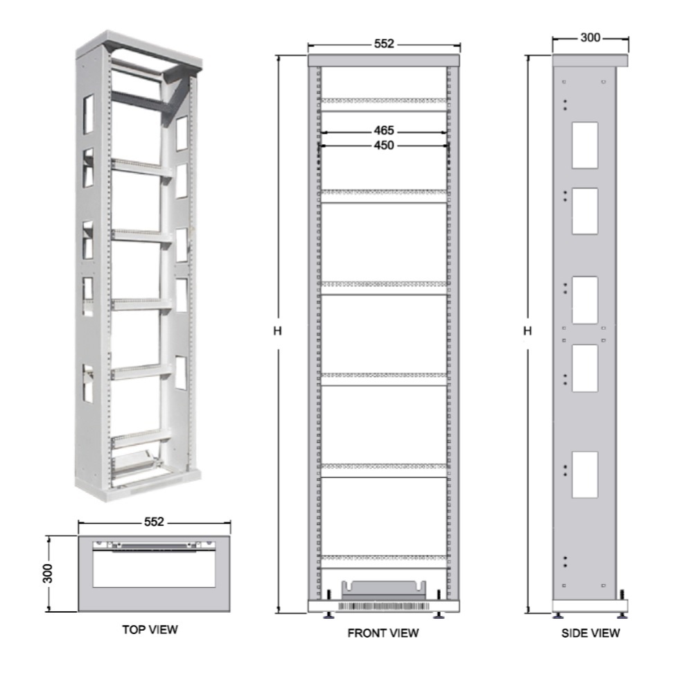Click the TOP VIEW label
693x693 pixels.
[x=150, y=630]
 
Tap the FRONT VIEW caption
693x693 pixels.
[x=383, y=633]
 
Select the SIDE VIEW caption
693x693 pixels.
[x=590, y=633]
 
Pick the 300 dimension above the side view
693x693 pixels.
[x=590, y=37]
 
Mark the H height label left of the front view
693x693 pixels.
[x=277, y=332]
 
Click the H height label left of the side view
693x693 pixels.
[x=527, y=332]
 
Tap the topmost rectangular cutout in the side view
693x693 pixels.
[x=584, y=145]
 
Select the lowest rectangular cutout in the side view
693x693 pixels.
[x=584, y=475]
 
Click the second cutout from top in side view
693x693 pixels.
[x=584, y=211]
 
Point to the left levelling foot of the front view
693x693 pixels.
[x=328, y=613]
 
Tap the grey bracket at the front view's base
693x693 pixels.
[x=384, y=588]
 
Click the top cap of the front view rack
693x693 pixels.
[x=383, y=60]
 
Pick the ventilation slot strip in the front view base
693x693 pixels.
[x=384, y=606]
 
